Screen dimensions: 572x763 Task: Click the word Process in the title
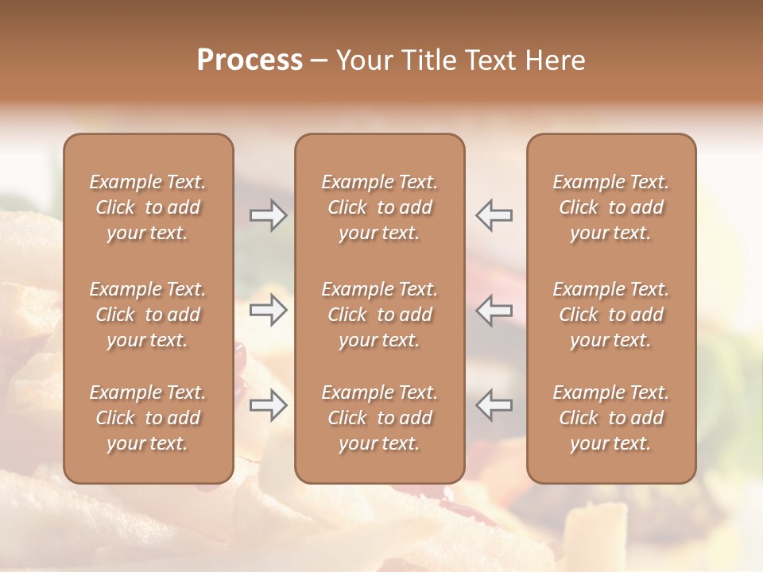click(x=250, y=60)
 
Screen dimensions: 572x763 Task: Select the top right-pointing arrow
click(x=268, y=215)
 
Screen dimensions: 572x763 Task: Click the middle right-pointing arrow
click(x=268, y=311)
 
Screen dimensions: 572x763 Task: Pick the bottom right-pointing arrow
click(x=268, y=406)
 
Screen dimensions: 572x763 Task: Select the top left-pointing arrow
click(x=494, y=215)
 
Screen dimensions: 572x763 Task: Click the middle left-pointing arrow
click(x=494, y=311)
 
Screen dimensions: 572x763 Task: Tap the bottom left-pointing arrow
click(x=494, y=406)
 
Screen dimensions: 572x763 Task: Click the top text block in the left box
click(x=148, y=207)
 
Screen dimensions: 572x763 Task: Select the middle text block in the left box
click(x=148, y=315)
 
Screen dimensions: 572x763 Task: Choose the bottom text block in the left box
click(x=148, y=418)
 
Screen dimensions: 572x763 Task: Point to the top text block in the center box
click(x=379, y=207)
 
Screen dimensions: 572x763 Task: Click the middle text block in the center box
click(x=379, y=315)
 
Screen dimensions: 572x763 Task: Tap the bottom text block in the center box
click(x=379, y=418)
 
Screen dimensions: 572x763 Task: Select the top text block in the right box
click(x=611, y=207)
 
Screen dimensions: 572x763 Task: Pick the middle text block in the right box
click(x=611, y=315)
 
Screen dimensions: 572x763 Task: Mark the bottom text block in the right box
click(x=611, y=418)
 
